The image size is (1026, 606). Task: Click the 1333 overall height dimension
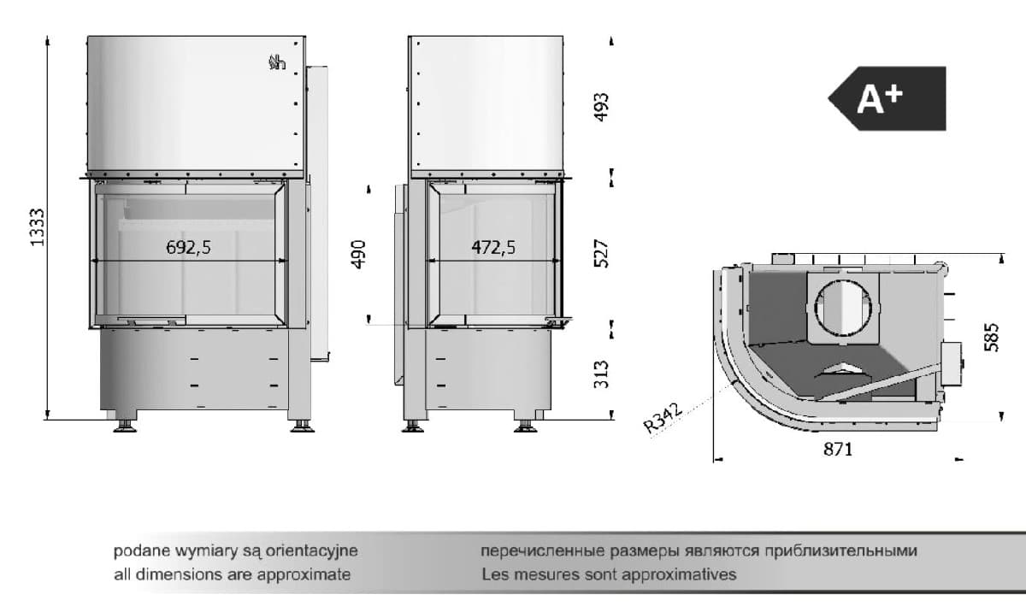tap(37, 227)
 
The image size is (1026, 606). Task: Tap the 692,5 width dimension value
tap(188, 248)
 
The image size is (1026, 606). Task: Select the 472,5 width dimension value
tap(493, 248)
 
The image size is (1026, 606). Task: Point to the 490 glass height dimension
tap(358, 254)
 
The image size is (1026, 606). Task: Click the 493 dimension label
tap(601, 107)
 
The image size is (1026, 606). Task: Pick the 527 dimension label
tap(601, 253)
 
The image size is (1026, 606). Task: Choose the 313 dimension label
tap(601, 374)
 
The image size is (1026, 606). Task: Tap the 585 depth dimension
tap(991, 338)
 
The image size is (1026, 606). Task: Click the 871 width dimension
tap(838, 450)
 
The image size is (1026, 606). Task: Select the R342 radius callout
tap(663, 417)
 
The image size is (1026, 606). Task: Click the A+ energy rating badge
tap(887, 98)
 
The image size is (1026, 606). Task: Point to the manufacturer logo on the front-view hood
tap(277, 62)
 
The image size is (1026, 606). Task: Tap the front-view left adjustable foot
tap(125, 427)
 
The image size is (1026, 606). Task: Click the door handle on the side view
tap(559, 321)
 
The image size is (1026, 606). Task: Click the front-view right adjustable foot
tap(303, 427)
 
